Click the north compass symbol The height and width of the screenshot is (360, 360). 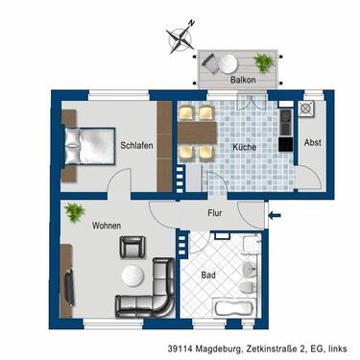[179, 38]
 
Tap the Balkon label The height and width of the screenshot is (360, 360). [244, 80]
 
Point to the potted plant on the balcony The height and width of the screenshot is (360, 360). [263, 61]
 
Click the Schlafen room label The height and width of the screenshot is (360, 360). [137, 146]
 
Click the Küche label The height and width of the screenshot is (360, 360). [244, 146]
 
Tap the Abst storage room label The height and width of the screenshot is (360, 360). [313, 143]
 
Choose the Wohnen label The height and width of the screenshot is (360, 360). [106, 227]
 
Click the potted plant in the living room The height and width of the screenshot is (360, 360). [73, 209]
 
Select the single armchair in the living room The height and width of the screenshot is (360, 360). [131, 247]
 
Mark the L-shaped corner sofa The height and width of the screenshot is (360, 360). [149, 298]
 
